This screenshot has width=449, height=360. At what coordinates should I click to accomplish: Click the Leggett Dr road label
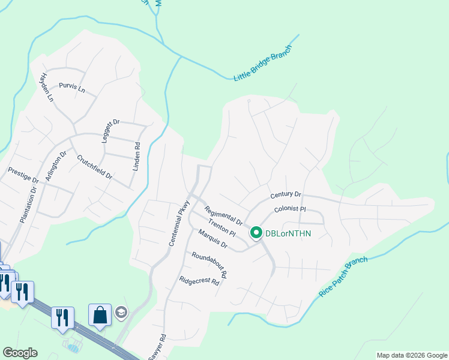point(108,130)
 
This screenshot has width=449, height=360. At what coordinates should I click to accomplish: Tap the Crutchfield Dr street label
point(95,167)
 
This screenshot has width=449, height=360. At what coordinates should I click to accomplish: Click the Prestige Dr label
point(23,175)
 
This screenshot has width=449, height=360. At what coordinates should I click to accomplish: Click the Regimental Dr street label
point(223,215)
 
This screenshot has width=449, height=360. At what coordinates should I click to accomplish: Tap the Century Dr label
point(285,195)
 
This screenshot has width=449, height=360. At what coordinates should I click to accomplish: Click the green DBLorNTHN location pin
point(256,232)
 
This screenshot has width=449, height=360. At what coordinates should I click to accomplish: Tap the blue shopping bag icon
point(100,314)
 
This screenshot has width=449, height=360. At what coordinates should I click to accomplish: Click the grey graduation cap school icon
point(121,313)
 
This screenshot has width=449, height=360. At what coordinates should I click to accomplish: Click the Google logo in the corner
point(20,353)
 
